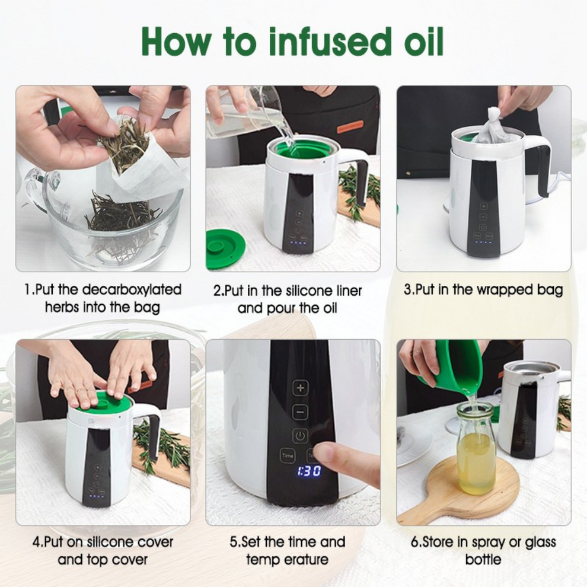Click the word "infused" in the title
point(328,42)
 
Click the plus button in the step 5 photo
point(300,388)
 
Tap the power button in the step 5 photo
point(300,436)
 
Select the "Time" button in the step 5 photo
point(288,455)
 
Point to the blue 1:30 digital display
point(310,471)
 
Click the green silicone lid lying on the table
point(225,250)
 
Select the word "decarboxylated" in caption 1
point(132,290)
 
